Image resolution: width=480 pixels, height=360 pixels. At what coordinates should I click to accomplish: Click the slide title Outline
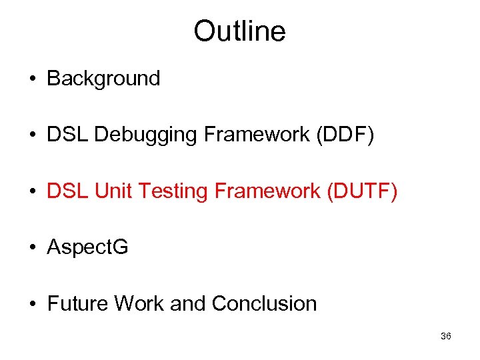[x=239, y=31]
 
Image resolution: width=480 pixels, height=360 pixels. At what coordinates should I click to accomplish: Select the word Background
[x=103, y=79]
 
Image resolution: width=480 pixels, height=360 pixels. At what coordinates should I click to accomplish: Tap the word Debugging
[x=146, y=135]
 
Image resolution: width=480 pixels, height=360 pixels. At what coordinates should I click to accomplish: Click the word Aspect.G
[x=87, y=248]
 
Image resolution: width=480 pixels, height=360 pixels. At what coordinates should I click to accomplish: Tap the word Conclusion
[x=264, y=304]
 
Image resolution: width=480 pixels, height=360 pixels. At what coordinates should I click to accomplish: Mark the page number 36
[x=446, y=337]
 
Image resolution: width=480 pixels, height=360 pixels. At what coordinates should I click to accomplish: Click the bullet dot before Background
[x=32, y=79]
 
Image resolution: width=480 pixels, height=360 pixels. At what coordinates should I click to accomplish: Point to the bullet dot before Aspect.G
[x=32, y=248]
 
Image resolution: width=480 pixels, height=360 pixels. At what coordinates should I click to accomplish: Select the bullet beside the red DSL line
[x=32, y=192]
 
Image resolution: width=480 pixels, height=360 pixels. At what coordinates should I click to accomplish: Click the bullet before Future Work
[x=32, y=305]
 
